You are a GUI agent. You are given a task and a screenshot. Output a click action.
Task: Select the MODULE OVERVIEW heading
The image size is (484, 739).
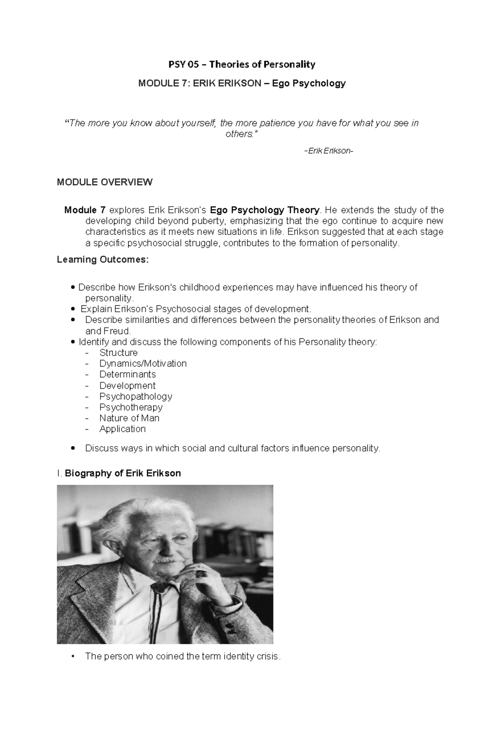click(104, 182)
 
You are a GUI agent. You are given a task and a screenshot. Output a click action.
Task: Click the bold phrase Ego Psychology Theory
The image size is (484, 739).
click(265, 210)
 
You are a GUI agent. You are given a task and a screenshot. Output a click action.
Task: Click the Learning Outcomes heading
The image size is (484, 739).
click(103, 260)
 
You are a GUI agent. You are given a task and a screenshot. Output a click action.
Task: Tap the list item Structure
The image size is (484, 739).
click(119, 353)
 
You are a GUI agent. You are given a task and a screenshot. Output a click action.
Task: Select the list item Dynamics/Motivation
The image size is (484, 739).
click(143, 364)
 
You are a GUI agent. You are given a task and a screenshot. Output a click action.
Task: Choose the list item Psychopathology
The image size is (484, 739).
click(136, 396)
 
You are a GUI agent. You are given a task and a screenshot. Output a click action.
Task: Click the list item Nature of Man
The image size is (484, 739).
click(129, 418)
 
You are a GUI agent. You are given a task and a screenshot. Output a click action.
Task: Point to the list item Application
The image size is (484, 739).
click(122, 429)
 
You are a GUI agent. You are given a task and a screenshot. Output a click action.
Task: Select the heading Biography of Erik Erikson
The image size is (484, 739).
click(123, 473)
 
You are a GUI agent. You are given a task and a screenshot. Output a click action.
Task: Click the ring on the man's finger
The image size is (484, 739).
click(200, 573)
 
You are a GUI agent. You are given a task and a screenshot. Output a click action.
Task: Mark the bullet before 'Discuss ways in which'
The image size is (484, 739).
click(73, 448)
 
